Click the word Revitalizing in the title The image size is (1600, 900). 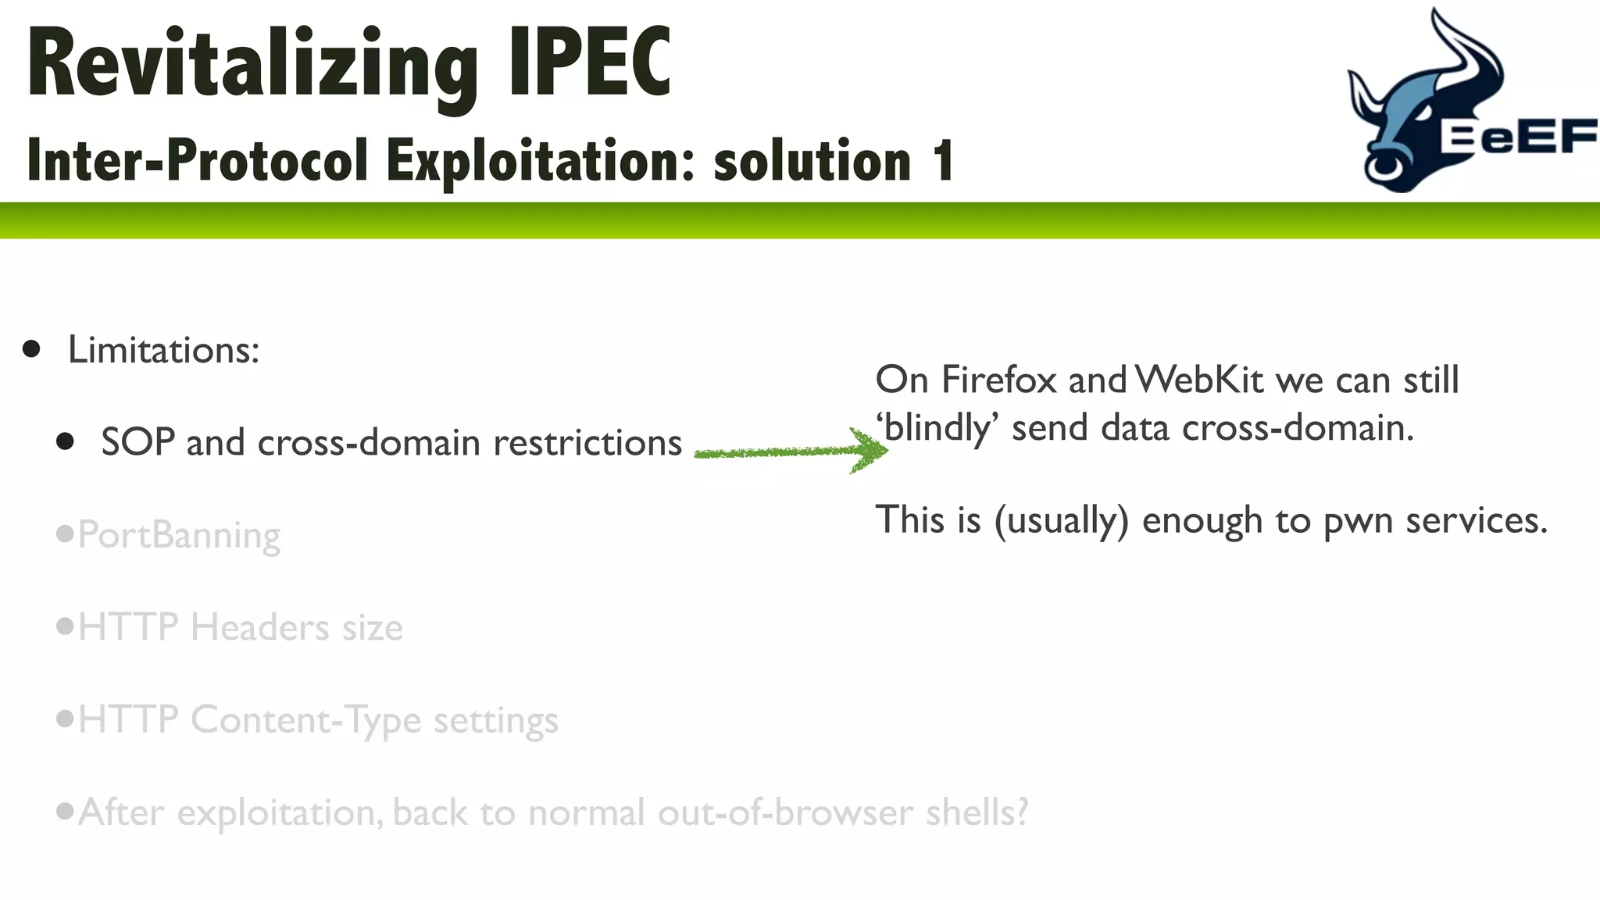pyautogui.click(x=252, y=64)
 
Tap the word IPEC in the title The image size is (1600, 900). pyautogui.click(x=589, y=62)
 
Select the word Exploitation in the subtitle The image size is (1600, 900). pyautogui.click(x=540, y=161)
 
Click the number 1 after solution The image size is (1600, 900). pyautogui.click(x=943, y=161)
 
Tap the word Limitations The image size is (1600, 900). pyautogui.click(x=162, y=349)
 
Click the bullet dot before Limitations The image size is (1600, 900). pyautogui.click(x=32, y=348)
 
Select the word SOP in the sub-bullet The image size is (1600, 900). pyautogui.click(x=137, y=443)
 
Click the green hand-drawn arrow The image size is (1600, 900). pyautogui.click(x=789, y=452)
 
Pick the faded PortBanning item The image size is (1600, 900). pyautogui.click(x=179, y=536)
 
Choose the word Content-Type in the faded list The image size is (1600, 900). pyautogui.click(x=305, y=720)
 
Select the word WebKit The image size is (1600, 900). pyautogui.click(x=1199, y=380)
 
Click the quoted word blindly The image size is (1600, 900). pyautogui.click(x=937, y=429)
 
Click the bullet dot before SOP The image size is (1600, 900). pyautogui.click(x=66, y=442)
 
